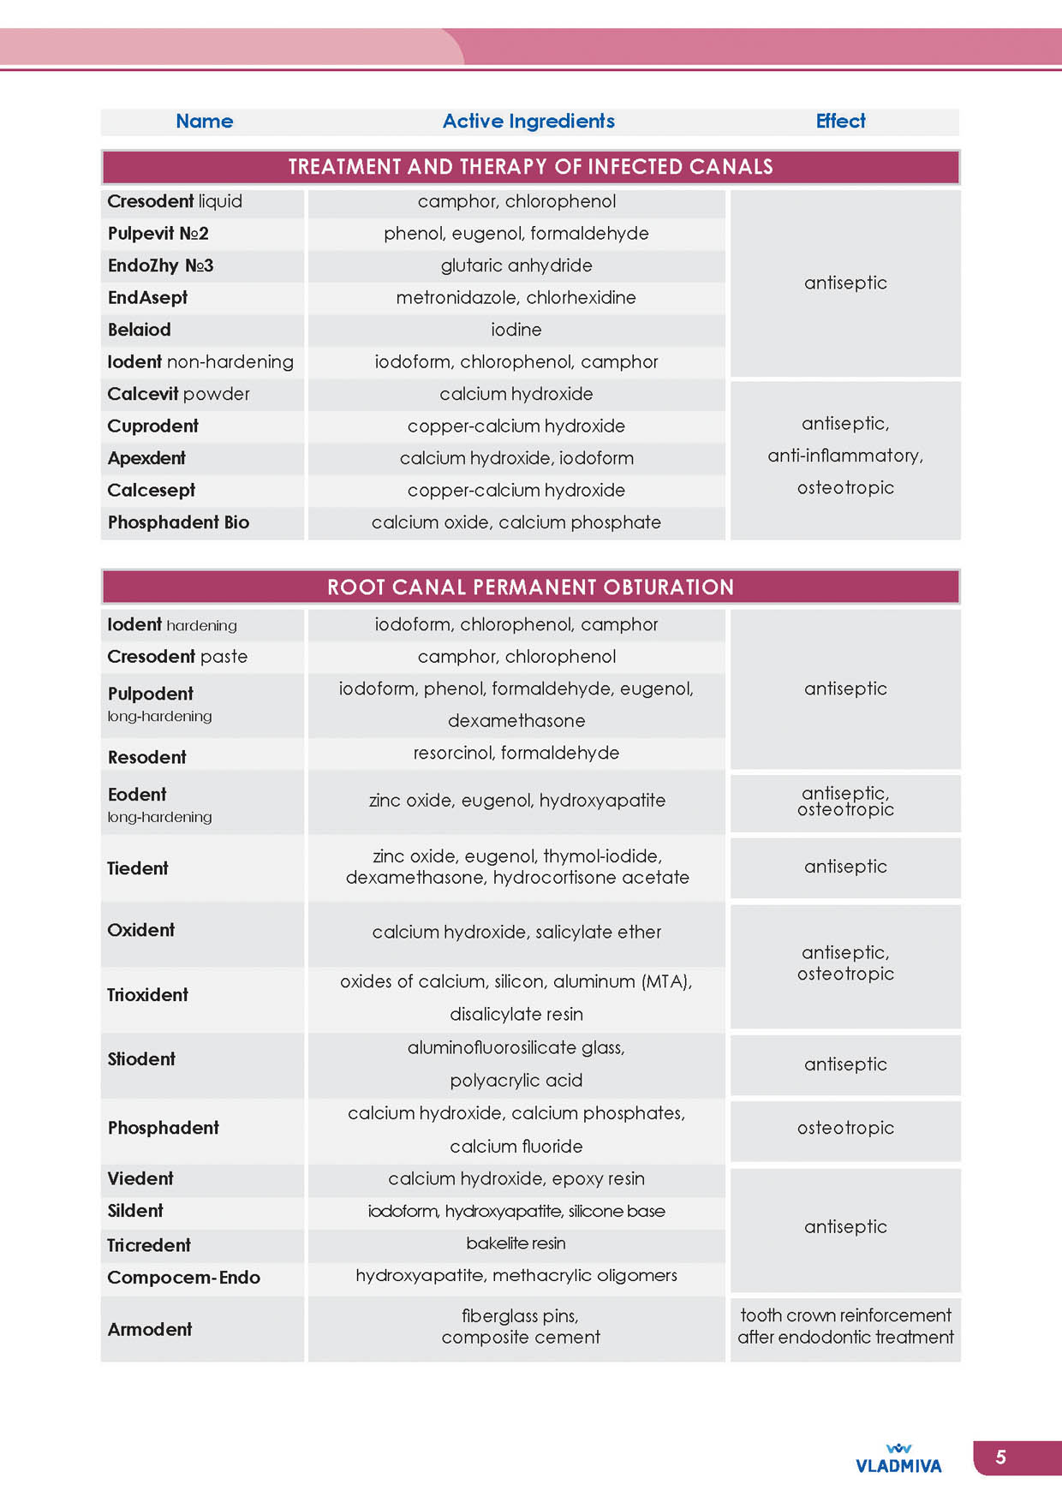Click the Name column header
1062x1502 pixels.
pyautogui.click(x=204, y=122)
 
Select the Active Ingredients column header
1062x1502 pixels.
pyautogui.click(x=528, y=122)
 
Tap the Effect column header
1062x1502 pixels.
pyautogui.click(x=840, y=122)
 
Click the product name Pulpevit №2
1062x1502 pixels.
pyautogui.click(x=158, y=234)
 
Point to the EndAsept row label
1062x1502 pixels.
pyautogui.click(x=147, y=298)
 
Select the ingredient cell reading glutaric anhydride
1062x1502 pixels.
pyautogui.click(x=516, y=265)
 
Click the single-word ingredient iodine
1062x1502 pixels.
pyautogui.click(x=516, y=330)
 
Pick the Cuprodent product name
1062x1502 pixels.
pyautogui.click(x=152, y=426)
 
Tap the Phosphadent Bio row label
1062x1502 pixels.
pyautogui.click(x=178, y=522)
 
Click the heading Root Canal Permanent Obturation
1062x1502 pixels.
pyautogui.click(x=530, y=587)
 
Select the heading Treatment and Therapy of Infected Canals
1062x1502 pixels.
pyautogui.click(x=530, y=167)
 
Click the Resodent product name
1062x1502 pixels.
pyautogui.click(x=146, y=758)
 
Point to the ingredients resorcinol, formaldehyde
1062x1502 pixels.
pyautogui.click(x=516, y=754)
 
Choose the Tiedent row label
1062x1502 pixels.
pyautogui.click(x=138, y=868)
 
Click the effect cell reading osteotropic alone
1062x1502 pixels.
pyautogui.click(x=845, y=1129)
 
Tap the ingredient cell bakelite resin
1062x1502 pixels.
pyautogui.click(x=516, y=1243)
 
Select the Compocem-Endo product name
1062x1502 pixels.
pyautogui.click(x=183, y=1278)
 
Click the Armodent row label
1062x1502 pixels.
pyautogui.click(x=150, y=1330)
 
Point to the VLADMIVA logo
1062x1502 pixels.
pyautogui.click(x=898, y=1460)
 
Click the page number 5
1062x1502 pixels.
pyautogui.click(x=1000, y=1457)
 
